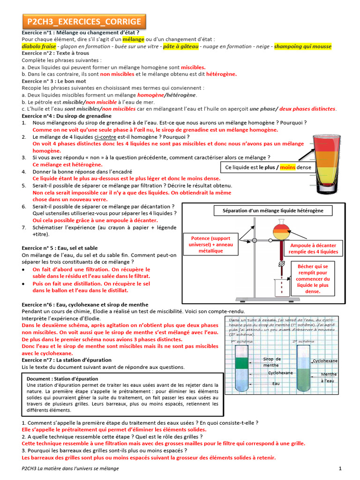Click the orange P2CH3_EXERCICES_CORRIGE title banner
click(x=84, y=22)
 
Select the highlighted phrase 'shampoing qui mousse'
click(x=302, y=46)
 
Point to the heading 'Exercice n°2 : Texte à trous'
click(x=55, y=53)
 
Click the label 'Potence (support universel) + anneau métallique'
click(x=208, y=244)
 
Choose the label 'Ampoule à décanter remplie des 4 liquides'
click(x=313, y=248)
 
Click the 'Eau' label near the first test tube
click(x=276, y=383)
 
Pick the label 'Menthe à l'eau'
click(x=329, y=378)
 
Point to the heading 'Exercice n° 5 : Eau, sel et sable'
click(x=60, y=247)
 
